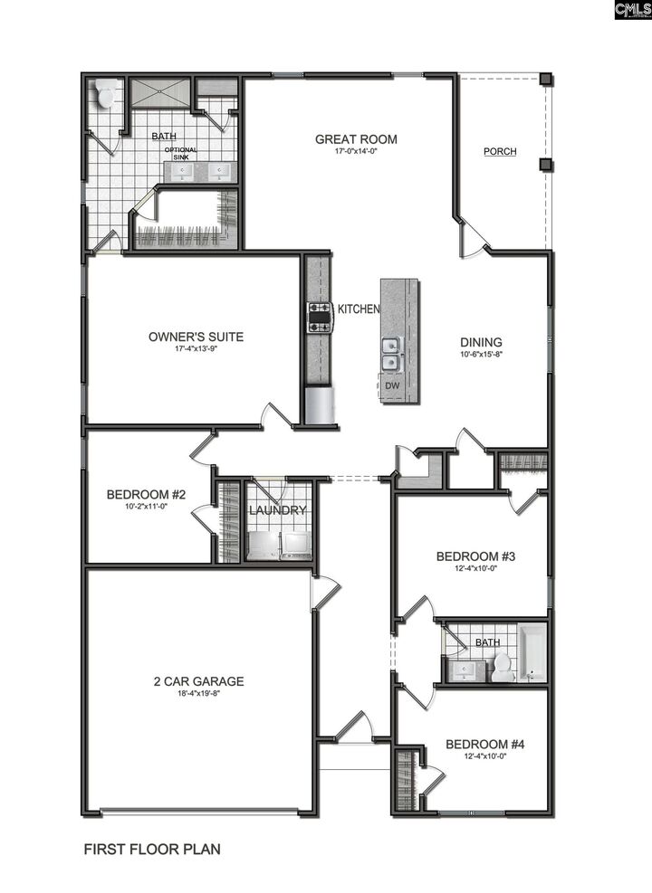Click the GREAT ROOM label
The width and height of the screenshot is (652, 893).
[x=356, y=139]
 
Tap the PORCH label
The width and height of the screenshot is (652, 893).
[x=500, y=151]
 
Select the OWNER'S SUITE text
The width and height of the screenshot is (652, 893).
[x=196, y=337]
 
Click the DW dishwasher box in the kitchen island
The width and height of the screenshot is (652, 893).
[x=391, y=385]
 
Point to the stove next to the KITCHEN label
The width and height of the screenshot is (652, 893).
[x=321, y=317]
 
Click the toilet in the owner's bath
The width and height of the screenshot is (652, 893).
[x=106, y=93]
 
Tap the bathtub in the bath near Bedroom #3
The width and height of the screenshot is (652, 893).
[x=532, y=651]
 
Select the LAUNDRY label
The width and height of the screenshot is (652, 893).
[x=278, y=510]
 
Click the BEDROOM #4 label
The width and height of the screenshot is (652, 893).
[x=485, y=745]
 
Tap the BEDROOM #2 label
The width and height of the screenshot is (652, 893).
[x=146, y=495]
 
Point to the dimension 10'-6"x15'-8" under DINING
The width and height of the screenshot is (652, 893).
[x=481, y=355]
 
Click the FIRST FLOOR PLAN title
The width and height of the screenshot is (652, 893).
[x=152, y=850]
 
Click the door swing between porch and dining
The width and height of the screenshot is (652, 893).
[x=474, y=236]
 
